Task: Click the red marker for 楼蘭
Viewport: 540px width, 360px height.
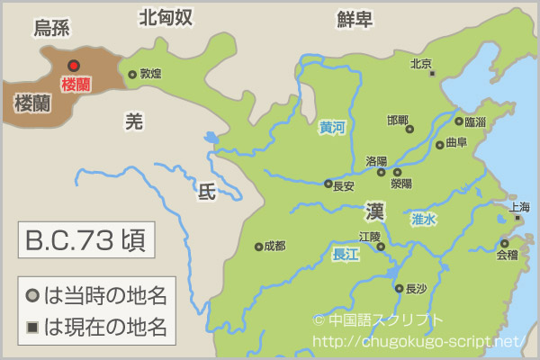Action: coord(74,65)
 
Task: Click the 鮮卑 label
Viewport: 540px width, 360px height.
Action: coord(355,18)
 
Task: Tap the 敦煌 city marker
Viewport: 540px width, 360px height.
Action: coord(132,75)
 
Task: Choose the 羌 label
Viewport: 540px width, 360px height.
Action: coord(134,122)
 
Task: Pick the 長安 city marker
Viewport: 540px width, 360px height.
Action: coord(328,184)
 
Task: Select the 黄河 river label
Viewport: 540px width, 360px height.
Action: coord(332,128)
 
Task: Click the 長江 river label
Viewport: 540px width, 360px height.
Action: coord(346,255)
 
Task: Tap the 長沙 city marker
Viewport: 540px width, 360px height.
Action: coord(399,289)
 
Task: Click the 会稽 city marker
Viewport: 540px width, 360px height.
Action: coord(504,243)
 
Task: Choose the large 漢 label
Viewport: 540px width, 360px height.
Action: coord(375,212)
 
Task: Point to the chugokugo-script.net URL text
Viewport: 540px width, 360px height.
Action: coord(416,341)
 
